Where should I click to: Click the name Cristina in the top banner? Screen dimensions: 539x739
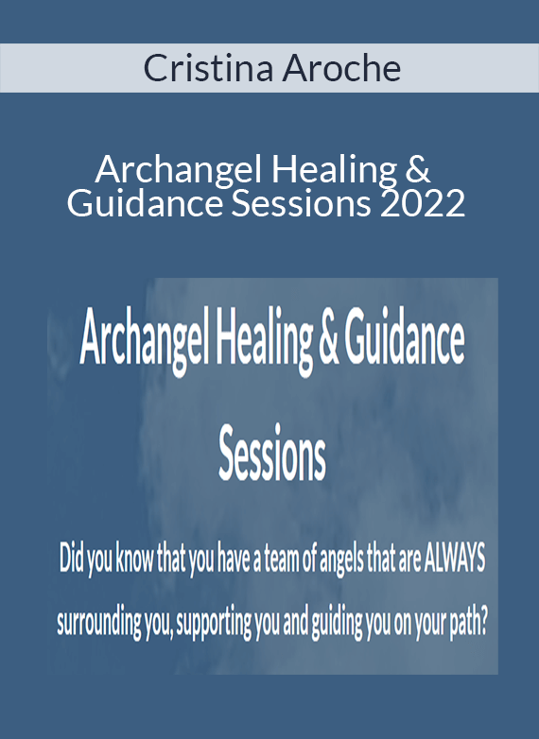[x=208, y=68]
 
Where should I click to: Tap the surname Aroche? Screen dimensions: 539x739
[x=342, y=68]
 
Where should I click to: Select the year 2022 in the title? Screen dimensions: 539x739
[x=423, y=203]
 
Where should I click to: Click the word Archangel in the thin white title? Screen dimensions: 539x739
[x=178, y=172]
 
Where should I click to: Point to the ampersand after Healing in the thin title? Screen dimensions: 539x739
[x=417, y=170]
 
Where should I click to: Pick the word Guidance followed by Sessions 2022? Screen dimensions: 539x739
[x=145, y=203]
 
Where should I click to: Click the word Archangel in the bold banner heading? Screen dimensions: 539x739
[x=144, y=340]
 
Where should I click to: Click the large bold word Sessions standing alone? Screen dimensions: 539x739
[x=272, y=453]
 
